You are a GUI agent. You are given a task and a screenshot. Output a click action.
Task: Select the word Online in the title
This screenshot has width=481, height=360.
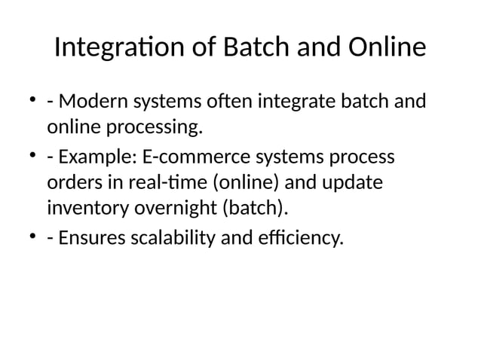click(x=388, y=49)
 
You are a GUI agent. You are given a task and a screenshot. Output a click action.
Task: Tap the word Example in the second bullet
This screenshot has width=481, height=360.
click(x=97, y=158)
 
